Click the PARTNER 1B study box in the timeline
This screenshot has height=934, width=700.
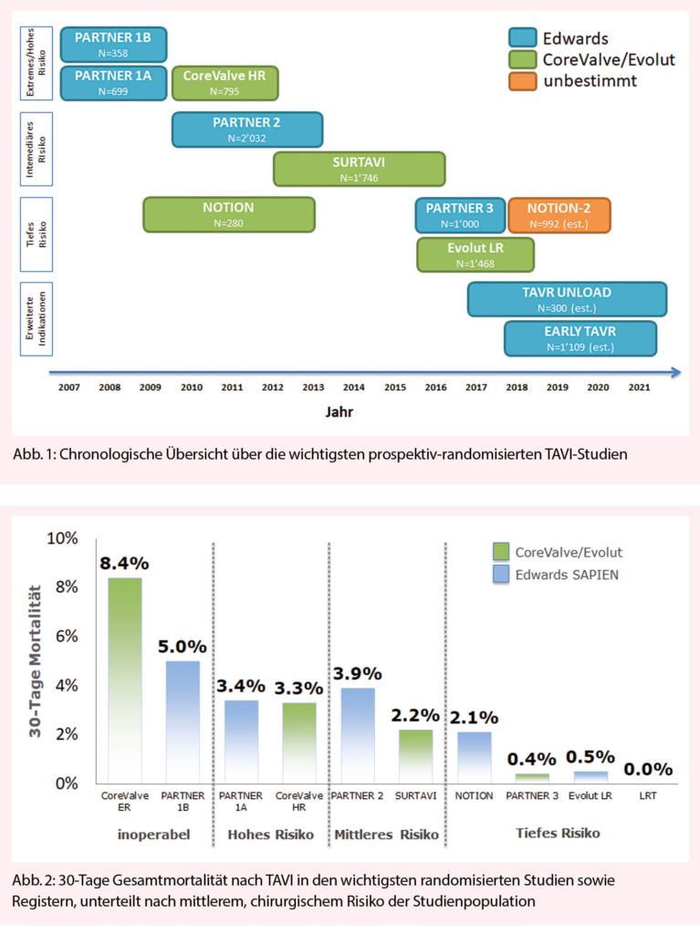[113, 44]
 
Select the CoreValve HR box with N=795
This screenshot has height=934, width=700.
[225, 82]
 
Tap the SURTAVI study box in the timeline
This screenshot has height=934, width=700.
[359, 169]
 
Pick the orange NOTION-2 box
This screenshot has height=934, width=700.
[559, 214]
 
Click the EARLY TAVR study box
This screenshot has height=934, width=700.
[580, 337]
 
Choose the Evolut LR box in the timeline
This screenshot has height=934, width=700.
[475, 254]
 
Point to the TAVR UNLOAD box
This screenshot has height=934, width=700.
[567, 298]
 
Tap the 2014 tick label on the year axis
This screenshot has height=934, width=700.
[354, 389]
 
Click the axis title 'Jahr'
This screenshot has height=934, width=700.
[340, 410]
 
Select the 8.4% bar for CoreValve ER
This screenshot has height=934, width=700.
[124, 680]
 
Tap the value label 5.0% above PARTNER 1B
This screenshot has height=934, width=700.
[183, 647]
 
